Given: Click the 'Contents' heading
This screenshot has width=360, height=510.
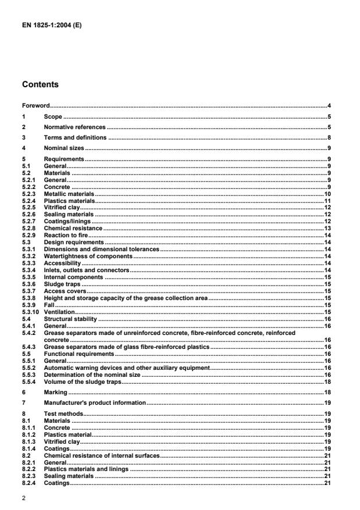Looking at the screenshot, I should [40, 84].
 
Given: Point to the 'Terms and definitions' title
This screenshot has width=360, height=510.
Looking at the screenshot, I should [75, 138].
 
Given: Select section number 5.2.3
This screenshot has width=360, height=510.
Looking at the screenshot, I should [28, 194].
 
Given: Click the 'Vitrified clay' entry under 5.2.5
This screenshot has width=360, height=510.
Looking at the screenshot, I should [62, 208].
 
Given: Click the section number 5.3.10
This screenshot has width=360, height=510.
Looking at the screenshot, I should [30, 312].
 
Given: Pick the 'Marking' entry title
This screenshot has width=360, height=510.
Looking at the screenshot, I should [55, 393].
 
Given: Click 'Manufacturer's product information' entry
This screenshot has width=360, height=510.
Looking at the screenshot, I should [94, 402].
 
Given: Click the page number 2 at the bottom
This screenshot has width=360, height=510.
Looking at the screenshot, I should [23, 498].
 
